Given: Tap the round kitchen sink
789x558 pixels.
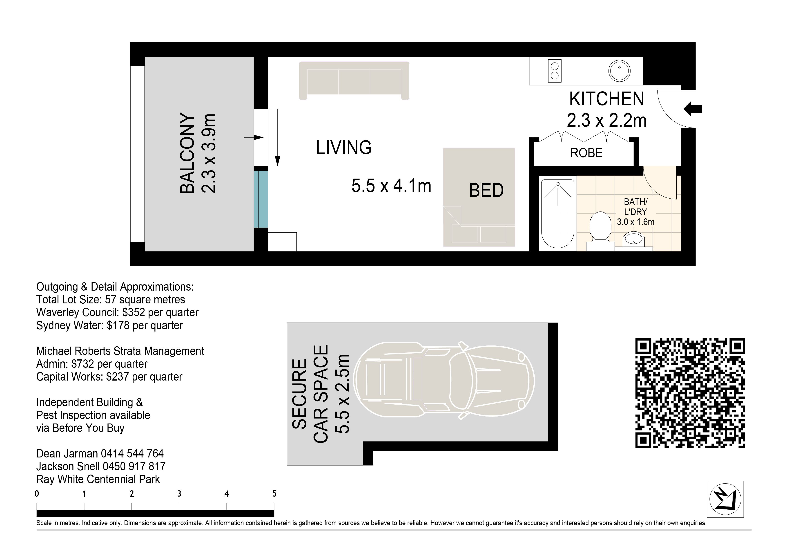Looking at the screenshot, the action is pyautogui.click(x=619, y=71).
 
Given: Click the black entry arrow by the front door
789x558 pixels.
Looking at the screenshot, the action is pyautogui.click(x=692, y=109).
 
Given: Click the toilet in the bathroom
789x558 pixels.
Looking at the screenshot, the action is pyautogui.click(x=600, y=228).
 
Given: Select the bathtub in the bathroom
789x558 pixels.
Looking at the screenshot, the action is pyautogui.click(x=558, y=214).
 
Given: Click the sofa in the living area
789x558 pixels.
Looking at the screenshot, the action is pyautogui.click(x=354, y=81).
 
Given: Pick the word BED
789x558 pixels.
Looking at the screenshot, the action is pyautogui.click(x=486, y=190).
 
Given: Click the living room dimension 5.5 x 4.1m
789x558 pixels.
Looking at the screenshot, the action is pyautogui.click(x=391, y=186).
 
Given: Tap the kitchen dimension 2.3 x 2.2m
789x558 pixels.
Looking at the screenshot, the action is pyautogui.click(x=606, y=120).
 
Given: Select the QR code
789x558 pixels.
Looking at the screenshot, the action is pyautogui.click(x=690, y=393).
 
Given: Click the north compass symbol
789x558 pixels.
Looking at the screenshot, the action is pyautogui.click(x=725, y=499).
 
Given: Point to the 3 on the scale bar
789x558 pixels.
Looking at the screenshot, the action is pyautogui.click(x=179, y=494).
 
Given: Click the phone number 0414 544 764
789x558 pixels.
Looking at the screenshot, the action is pyautogui.click(x=132, y=454).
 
